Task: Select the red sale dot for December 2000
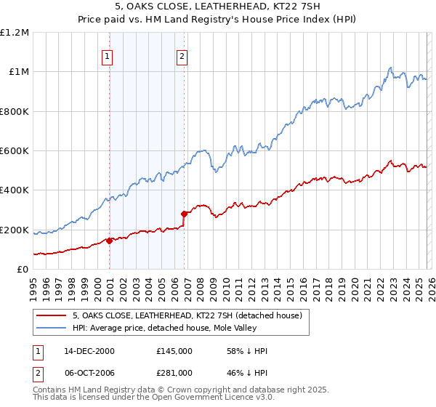[x=109, y=241]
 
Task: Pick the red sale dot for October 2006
[x=184, y=214]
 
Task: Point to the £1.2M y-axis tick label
[x=15, y=33]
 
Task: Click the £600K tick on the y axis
[x=15, y=151]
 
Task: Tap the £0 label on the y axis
[x=23, y=270]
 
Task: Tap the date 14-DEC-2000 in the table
[x=86, y=351]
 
